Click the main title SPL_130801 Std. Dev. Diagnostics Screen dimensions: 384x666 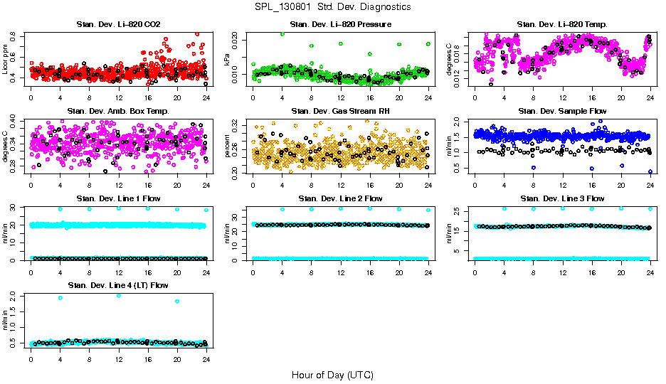pyautogui.click(x=332, y=7)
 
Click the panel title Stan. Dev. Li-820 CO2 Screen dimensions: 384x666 pyautogui.click(x=118, y=24)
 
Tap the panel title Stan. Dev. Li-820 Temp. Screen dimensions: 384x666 pyautogui.click(x=562, y=24)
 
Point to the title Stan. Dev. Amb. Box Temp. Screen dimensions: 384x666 pyautogui.click(x=118, y=111)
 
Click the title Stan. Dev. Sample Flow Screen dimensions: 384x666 pyautogui.click(x=562, y=111)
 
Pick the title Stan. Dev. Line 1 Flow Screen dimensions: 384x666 pyautogui.click(x=118, y=198)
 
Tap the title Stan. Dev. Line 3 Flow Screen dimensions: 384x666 pyautogui.click(x=562, y=198)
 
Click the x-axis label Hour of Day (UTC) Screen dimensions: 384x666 pyautogui.click(x=332, y=375)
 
